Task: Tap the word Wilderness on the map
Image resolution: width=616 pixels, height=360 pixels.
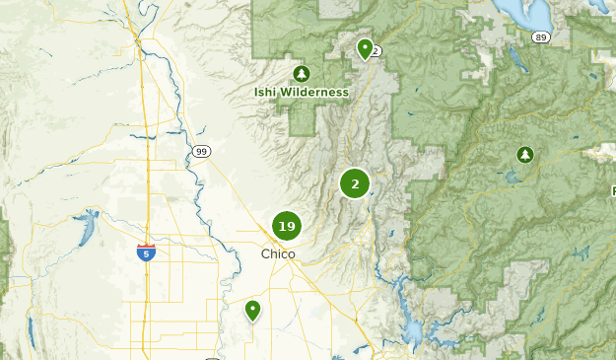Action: coord(313,93)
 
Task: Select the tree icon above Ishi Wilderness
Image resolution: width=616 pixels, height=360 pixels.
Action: coord(302,73)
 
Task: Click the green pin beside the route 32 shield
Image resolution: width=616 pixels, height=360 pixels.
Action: coord(366,47)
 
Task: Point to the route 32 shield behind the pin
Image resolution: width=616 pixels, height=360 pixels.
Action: coord(376,51)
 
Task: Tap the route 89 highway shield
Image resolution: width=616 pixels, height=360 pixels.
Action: coord(540,37)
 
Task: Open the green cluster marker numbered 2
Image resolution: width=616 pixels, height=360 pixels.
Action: coord(355,183)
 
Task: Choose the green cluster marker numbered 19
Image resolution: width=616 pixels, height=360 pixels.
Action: coord(287,227)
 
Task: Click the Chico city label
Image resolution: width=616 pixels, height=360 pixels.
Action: coord(279,254)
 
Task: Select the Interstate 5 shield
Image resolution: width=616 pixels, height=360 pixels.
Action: coord(146,252)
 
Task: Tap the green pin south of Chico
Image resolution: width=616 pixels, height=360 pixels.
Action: coord(253,310)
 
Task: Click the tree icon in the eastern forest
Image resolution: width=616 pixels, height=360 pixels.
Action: coord(525,154)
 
